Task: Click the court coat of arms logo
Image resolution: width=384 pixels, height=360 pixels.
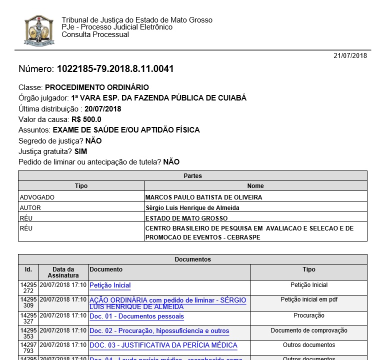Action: coord(39,30)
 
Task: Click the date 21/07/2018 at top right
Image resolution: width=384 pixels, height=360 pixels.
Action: coord(350,55)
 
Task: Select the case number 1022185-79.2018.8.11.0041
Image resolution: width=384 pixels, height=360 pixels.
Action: coord(115,69)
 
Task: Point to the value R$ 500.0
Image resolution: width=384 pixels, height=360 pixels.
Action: coord(86,119)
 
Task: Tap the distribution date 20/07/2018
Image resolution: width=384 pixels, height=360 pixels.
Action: coord(103,108)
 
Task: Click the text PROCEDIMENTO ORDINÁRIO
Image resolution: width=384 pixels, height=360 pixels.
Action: coord(97,87)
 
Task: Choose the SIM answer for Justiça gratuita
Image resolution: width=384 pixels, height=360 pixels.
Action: coord(80,151)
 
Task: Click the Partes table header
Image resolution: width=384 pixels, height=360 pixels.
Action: coord(192,176)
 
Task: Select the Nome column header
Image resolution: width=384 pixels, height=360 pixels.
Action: coord(255,186)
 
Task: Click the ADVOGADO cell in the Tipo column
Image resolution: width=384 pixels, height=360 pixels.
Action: coord(37,197)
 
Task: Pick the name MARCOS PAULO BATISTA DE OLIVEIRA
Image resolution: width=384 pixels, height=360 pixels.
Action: coord(203,197)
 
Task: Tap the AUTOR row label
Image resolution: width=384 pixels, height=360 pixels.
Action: coord(30,208)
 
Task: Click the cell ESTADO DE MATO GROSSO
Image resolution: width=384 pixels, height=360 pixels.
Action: coord(186,218)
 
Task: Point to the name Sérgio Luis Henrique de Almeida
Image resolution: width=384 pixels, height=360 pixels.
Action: coord(192,208)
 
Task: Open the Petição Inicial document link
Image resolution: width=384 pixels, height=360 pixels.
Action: coord(110,285)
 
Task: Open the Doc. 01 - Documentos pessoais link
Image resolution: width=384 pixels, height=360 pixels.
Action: coord(136,316)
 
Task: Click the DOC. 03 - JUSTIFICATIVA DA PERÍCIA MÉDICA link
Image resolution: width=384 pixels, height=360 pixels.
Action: coord(163,345)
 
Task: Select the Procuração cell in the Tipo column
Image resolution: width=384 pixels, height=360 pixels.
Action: coord(309,315)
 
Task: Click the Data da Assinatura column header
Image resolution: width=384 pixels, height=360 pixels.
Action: coord(63,272)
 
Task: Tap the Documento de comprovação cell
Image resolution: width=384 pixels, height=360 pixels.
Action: coord(309,330)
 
